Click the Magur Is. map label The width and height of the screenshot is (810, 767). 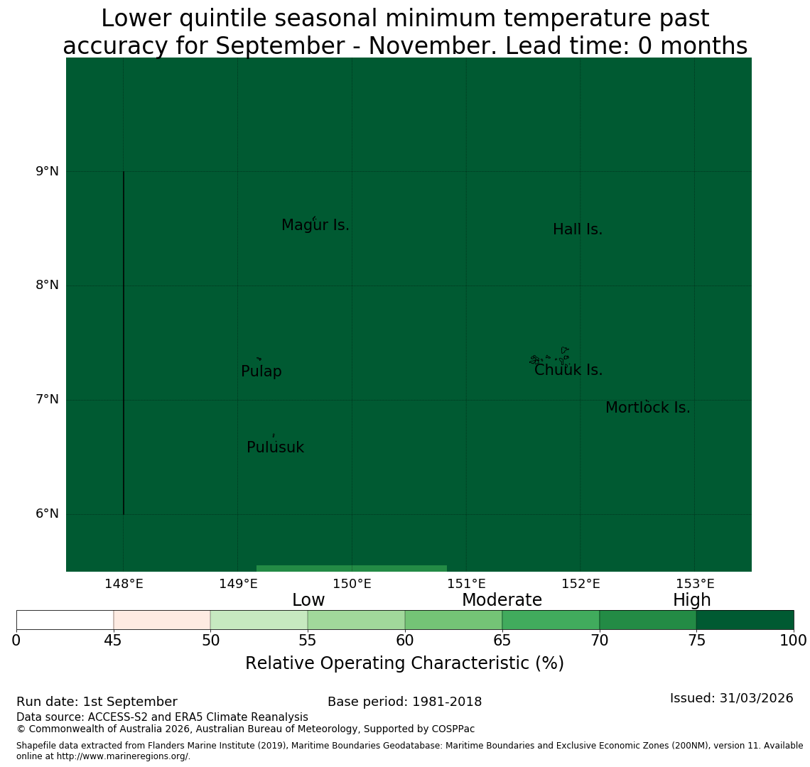click(315, 225)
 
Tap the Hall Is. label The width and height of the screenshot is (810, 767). click(578, 229)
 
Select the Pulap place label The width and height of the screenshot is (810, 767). click(261, 371)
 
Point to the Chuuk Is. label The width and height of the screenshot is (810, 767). click(568, 370)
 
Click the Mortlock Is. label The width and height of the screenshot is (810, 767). click(648, 408)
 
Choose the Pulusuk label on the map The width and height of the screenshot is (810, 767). click(276, 447)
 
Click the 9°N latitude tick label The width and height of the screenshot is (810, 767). click(47, 171)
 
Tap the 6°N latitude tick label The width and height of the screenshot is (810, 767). click(47, 514)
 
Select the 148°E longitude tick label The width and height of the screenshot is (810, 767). click(124, 584)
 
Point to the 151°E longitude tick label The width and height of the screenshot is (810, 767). click(467, 584)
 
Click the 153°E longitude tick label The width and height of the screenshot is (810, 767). click(696, 584)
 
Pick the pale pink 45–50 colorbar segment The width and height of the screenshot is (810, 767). click(162, 620)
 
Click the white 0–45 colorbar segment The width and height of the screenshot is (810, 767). click(65, 620)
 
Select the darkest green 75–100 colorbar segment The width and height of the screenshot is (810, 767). click(745, 620)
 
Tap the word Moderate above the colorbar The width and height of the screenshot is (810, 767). click(502, 600)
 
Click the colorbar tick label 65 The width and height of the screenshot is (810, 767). click(502, 641)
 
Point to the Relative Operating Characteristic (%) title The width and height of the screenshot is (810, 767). click(404, 663)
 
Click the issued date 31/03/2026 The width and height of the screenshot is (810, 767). click(757, 698)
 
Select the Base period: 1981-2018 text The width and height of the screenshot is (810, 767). click(404, 702)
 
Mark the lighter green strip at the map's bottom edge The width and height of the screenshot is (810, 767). click(352, 568)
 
